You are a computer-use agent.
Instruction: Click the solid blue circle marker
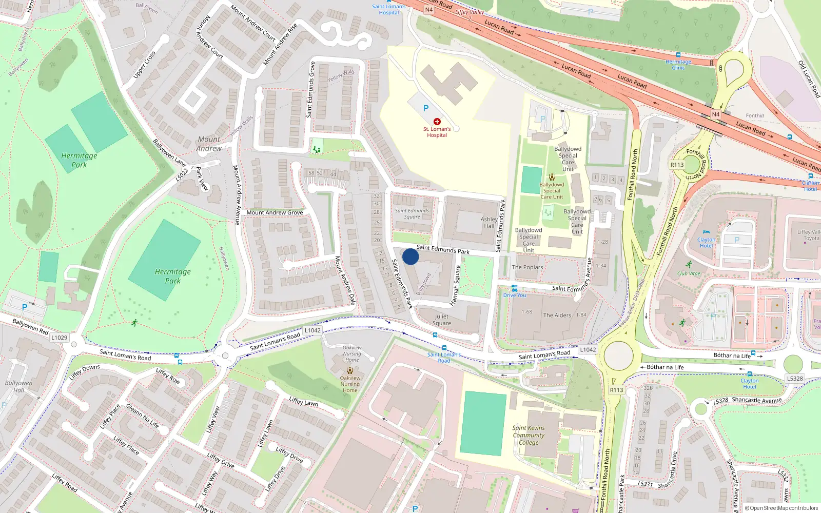coord(411,256)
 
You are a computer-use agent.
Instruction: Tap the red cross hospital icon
coord(437,122)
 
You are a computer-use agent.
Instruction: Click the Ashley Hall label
coord(489,223)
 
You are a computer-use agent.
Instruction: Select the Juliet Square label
coord(442,320)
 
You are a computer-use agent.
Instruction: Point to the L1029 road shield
coord(59,338)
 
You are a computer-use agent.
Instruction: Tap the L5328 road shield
coord(795,379)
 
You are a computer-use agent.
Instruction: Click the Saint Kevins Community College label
coord(529,435)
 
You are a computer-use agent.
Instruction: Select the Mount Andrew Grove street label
coord(275,212)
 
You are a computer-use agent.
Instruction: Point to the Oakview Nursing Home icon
coord(350,370)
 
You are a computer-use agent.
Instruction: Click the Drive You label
coord(514,295)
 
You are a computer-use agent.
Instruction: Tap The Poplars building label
coord(527,267)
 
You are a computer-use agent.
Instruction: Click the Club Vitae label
coord(689,273)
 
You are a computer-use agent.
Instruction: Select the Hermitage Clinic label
coord(678,65)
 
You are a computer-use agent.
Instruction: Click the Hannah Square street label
coord(455,285)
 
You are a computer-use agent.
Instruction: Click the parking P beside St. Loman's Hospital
coord(425,108)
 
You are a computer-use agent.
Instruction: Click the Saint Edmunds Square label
coord(412,213)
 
